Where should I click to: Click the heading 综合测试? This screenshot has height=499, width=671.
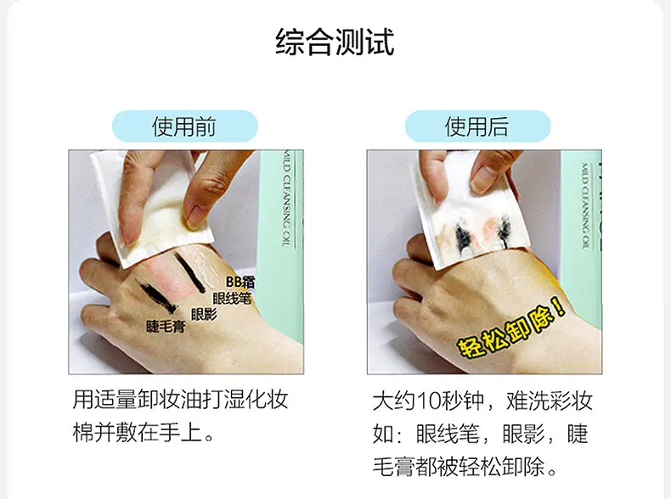click(335, 42)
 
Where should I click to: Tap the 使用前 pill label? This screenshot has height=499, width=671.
click(185, 126)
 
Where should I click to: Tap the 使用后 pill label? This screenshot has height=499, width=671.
click(477, 126)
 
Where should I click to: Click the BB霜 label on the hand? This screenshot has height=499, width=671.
click(240, 282)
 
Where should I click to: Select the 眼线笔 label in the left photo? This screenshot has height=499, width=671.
click(232, 299)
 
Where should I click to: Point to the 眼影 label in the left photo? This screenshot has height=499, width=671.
click(204, 315)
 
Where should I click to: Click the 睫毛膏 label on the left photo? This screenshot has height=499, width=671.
click(166, 327)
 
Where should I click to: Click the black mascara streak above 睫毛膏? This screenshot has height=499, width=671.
click(155, 295)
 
